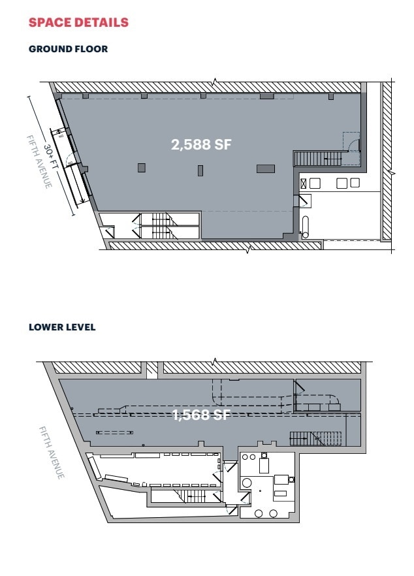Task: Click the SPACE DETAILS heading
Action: click(78, 23)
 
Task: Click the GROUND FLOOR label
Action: click(68, 49)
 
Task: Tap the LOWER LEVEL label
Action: click(62, 327)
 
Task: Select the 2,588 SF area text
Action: click(201, 145)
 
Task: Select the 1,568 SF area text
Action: click(201, 415)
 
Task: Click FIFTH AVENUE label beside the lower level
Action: click(51, 453)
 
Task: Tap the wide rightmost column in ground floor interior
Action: click(265, 168)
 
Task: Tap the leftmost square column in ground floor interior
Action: click(141, 168)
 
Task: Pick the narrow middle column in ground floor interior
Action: click(200, 170)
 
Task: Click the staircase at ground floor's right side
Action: click(317, 158)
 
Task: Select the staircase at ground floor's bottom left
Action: click(161, 226)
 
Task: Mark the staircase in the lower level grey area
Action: click(316, 438)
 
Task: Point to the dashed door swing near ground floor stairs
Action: click(351, 142)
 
